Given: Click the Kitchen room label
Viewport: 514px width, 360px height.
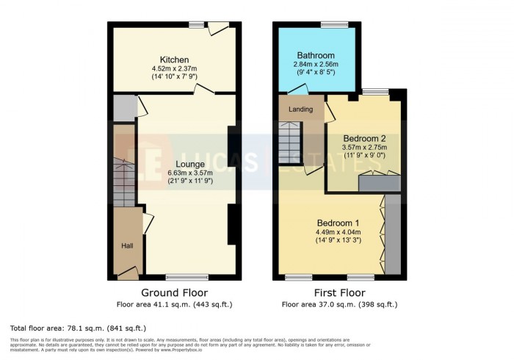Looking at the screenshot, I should click(175, 60).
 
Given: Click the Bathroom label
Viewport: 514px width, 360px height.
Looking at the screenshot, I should click(315, 55).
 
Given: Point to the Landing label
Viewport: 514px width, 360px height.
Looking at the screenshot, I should click(300, 109).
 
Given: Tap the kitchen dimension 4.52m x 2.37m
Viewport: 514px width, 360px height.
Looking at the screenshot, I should click(175, 70).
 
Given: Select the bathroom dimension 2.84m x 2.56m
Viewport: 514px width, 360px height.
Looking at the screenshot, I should click(315, 65).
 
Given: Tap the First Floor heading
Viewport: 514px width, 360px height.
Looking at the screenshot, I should click(339, 292).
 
